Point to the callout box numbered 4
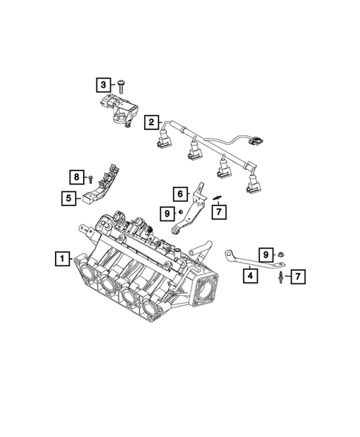click(x=251, y=275)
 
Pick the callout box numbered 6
click(x=180, y=194)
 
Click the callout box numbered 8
click(x=76, y=176)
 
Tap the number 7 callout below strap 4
click(x=298, y=277)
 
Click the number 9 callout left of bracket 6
click(x=167, y=214)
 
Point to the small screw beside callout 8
click(x=91, y=179)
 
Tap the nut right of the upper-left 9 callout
click(x=181, y=214)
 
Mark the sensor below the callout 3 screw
click(x=115, y=108)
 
